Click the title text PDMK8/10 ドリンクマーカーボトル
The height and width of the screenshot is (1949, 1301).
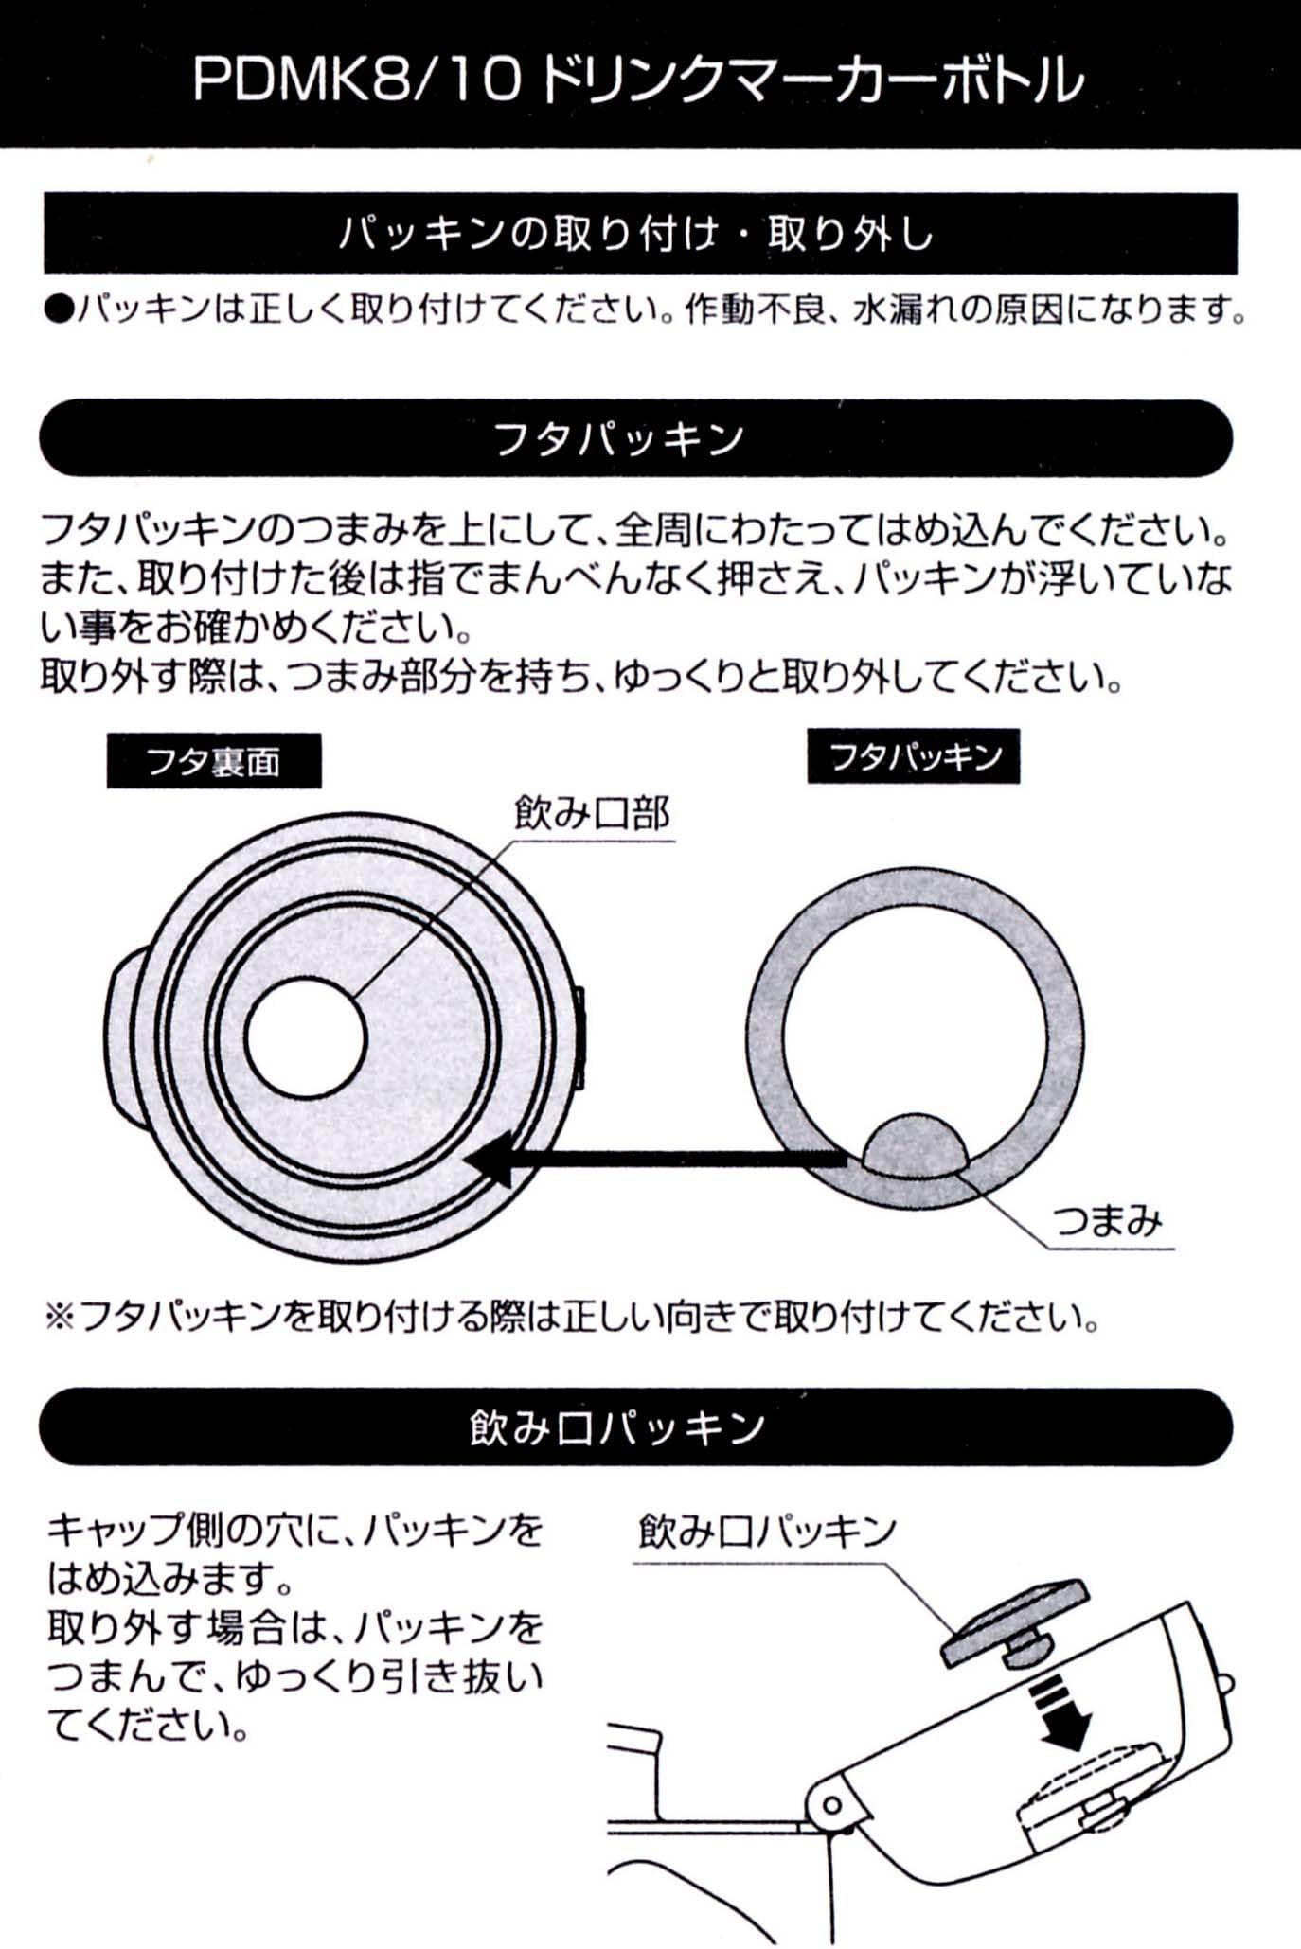pos(638,80)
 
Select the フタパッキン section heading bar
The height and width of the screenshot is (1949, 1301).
pos(636,438)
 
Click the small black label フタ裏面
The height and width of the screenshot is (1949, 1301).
pos(213,761)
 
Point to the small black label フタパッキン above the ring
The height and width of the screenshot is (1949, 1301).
pos(914,756)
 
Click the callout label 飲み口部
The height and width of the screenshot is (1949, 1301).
pos(592,813)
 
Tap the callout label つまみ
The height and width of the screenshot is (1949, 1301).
pos(1108,1221)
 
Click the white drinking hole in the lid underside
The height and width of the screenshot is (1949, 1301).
pos(305,1037)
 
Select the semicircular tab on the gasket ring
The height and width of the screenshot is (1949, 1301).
pos(915,1144)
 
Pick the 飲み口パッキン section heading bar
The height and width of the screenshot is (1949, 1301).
pos(636,1427)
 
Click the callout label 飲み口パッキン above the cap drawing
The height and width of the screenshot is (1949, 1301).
pos(767,1531)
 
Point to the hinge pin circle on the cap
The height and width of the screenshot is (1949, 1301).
pos(832,1805)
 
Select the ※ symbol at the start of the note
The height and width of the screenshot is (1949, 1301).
pos(60,1317)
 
